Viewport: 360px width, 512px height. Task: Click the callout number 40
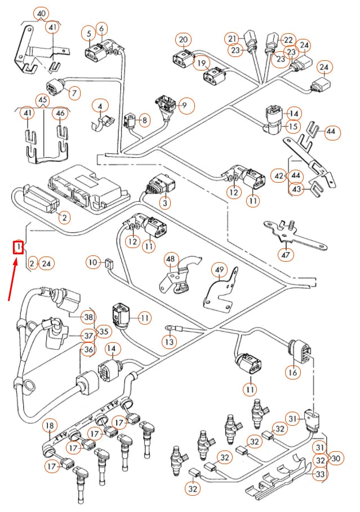41,14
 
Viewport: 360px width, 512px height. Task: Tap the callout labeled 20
183,40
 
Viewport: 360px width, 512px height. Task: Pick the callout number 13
169,341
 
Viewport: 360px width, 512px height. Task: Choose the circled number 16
292,372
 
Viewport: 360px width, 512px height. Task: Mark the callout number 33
319,475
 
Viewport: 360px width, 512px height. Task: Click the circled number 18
50,425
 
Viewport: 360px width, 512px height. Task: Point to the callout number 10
93,262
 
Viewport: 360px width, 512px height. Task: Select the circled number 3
165,201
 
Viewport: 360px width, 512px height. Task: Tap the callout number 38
87,317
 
